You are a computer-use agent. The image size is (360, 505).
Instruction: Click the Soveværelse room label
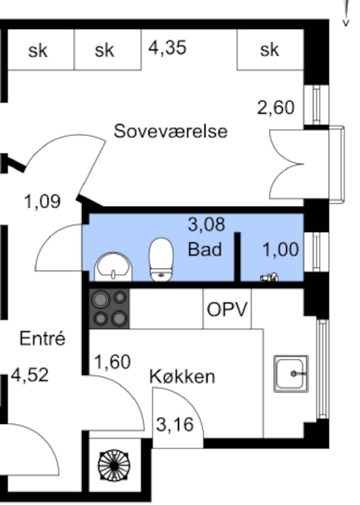pos(170,131)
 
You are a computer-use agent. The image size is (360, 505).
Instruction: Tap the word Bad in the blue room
pos(205,249)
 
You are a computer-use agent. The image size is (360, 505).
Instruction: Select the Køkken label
pos(182,376)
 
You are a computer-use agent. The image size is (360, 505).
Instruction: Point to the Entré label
pos(42,338)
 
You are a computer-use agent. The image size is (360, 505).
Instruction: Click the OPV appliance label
pos(227,309)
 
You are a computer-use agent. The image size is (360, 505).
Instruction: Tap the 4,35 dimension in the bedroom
pos(167,47)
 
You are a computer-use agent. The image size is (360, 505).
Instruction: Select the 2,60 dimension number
pos(275,107)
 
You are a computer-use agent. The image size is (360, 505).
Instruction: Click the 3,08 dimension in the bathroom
pos(206,224)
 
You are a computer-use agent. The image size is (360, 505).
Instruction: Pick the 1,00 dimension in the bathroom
pos(280,249)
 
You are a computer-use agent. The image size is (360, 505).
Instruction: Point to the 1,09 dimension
pos(42,201)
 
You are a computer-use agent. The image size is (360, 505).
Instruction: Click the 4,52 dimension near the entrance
pos(30,375)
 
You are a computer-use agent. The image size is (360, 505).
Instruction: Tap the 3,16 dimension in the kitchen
pos(175,424)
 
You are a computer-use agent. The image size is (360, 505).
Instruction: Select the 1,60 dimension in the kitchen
pos(112,361)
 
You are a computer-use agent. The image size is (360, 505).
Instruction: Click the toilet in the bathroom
pos(160,259)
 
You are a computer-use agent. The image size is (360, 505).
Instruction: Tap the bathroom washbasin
pos(113,266)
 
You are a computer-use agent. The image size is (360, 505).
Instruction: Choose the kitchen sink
pos(291,373)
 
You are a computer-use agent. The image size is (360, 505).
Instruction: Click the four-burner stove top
pos(109,309)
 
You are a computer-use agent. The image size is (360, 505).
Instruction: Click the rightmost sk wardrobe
pos(270,49)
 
